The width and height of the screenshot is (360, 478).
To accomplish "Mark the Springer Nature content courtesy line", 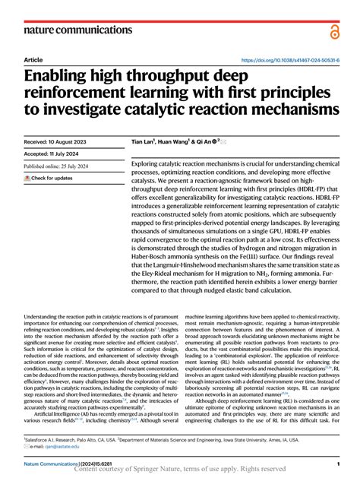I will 179,470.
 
